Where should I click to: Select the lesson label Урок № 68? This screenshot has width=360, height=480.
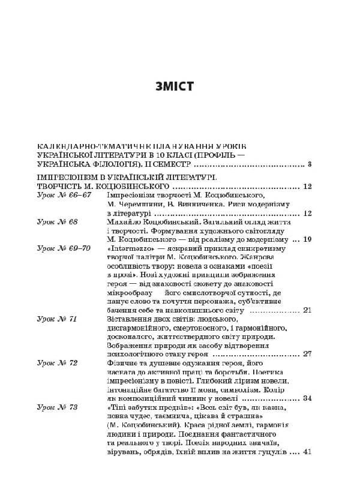(57, 221)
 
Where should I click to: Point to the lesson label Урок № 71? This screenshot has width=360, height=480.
(57, 319)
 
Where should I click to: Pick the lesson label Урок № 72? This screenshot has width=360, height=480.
(57, 363)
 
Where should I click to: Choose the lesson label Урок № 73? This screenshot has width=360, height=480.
(57, 407)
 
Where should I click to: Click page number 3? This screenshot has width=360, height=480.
(309, 164)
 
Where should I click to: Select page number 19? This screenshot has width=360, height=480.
(307, 239)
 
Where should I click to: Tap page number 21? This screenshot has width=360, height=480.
(307, 310)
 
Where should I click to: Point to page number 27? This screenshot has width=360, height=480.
(307, 354)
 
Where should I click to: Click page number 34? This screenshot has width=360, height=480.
(307, 398)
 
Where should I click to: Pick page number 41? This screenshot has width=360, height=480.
(307, 452)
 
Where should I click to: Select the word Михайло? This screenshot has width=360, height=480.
(121, 221)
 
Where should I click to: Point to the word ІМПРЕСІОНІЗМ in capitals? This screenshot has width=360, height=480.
(67, 178)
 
